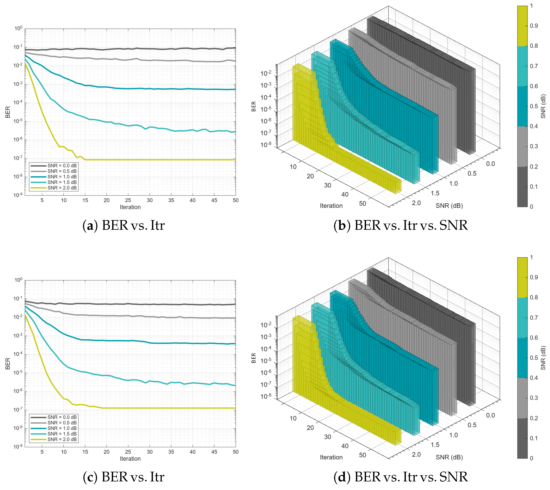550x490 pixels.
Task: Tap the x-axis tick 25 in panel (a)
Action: pyautogui.click(x=128, y=200)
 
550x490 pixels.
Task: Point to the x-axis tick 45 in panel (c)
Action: pyautogui.click(x=214, y=452)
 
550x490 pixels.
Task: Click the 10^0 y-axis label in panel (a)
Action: pyautogui.click(x=18, y=28)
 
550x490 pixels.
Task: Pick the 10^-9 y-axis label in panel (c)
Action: pyautogui.click(x=18, y=447)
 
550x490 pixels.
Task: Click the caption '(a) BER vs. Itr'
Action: pyautogui.click(x=123, y=225)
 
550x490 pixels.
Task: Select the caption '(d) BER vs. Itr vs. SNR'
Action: pyautogui.click(x=400, y=477)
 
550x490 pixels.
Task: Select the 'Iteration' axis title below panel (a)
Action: pyautogui.click(x=130, y=207)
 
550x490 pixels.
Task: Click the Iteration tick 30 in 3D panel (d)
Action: pyautogui.click(x=327, y=437)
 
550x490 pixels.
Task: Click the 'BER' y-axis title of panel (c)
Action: pyautogui.click(x=7, y=364)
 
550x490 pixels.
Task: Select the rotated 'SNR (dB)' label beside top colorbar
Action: pyautogui.click(x=543, y=106)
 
